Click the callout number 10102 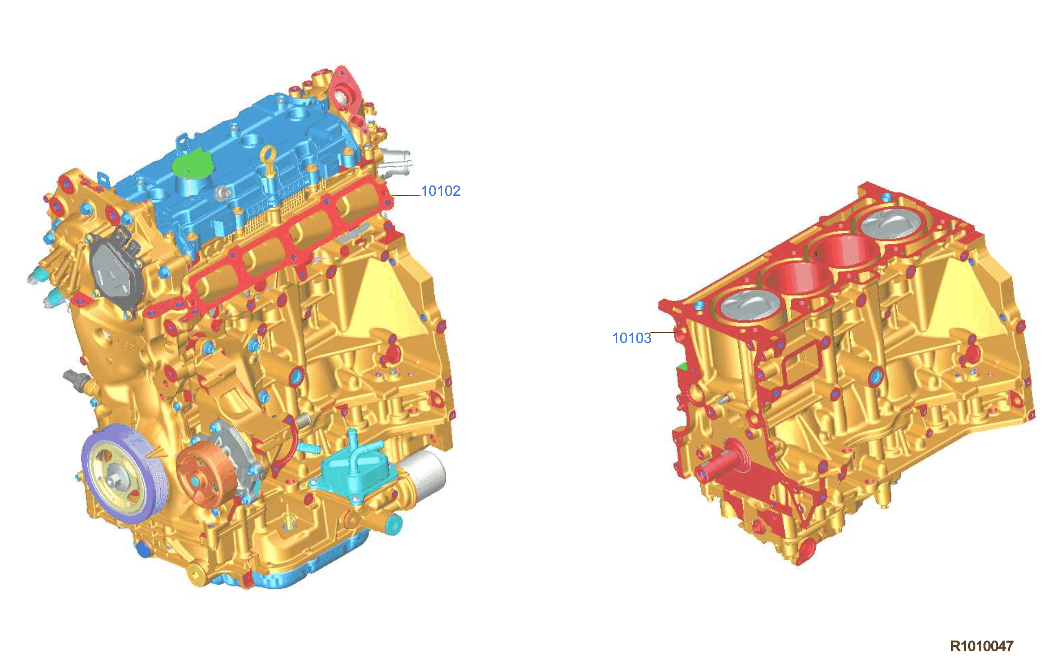(440, 191)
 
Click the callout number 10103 (632, 338)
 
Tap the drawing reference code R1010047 (982, 646)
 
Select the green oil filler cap (192, 164)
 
